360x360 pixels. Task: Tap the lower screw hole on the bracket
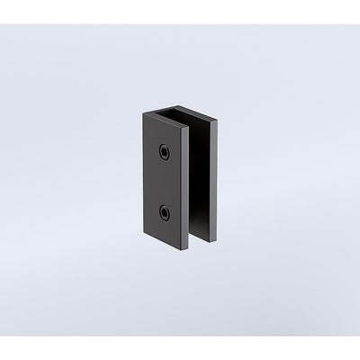[x=166, y=213]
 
